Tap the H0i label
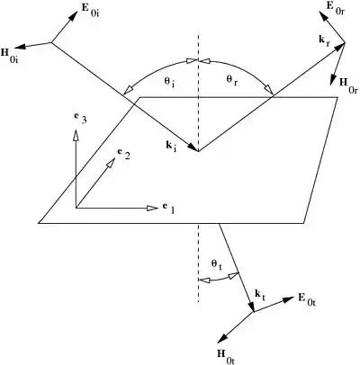(9, 55)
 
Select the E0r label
(335, 8)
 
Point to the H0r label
(348, 86)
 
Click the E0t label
(307, 299)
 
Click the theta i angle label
(170, 83)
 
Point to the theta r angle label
(232, 80)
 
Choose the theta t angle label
(216, 264)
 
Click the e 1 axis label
(169, 208)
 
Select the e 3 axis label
(81, 120)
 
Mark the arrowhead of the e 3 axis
(76, 135)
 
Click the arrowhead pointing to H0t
(222, 338)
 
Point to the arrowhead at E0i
(72, 16)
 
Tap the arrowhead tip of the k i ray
(197, 151)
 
